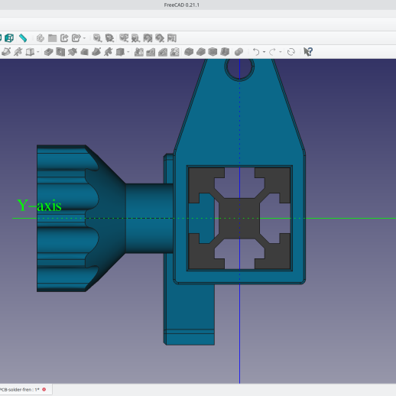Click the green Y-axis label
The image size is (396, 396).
tap(39, 205)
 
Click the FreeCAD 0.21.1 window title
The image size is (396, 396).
tap(197, 5)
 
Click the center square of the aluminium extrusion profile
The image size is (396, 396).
tap(239, 218)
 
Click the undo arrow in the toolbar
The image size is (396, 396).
tap(256, 52)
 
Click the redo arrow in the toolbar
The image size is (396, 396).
tap(273, 52)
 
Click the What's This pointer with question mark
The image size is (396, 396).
tap(308, 52)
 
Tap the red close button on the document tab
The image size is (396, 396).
tap(44, 389)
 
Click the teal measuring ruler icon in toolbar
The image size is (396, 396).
tap(23, 37)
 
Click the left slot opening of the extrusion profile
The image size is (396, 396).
tap(202, 219)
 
